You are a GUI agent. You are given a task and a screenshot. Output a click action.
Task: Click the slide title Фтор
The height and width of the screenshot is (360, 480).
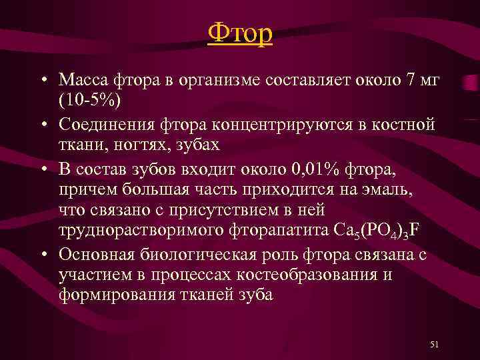[x=240, y=33]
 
